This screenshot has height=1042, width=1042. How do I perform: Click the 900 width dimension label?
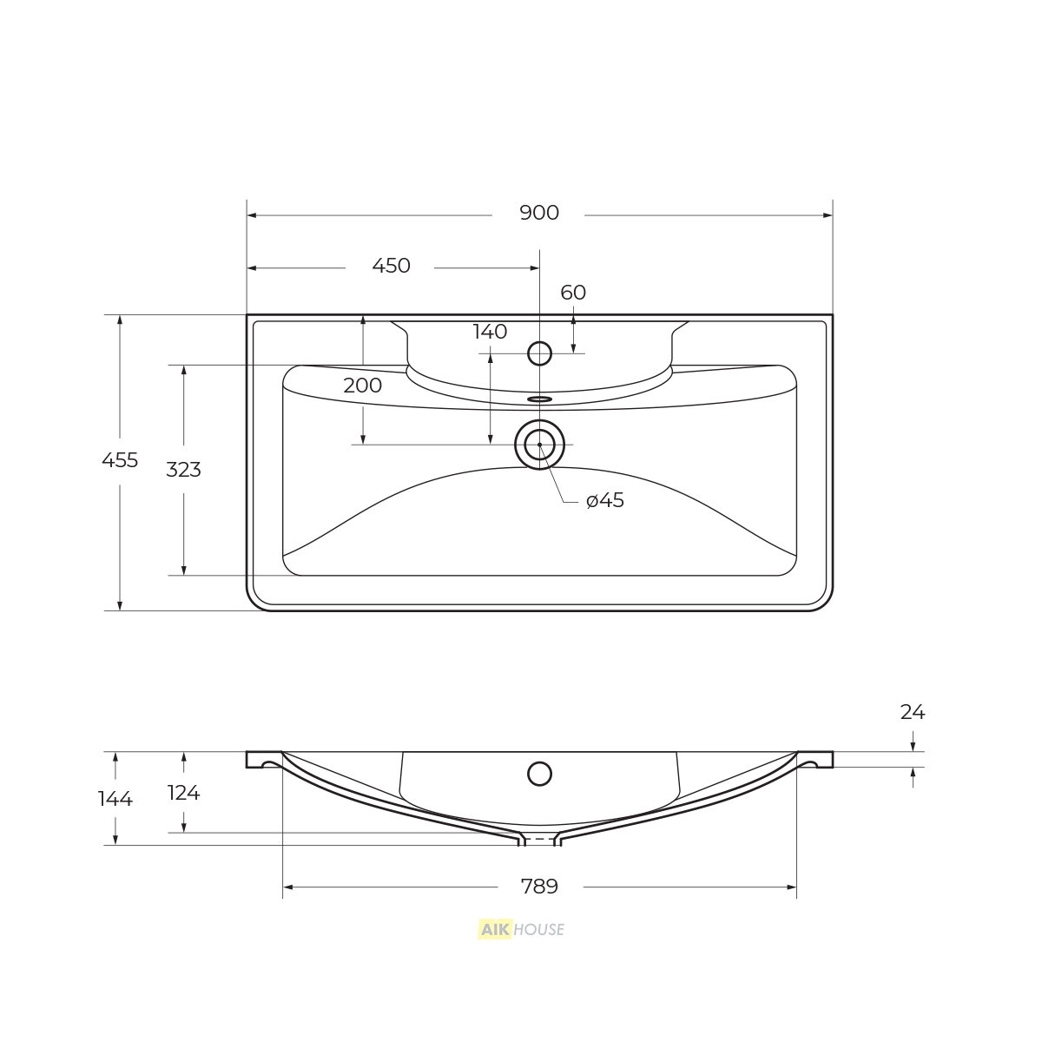(539, 213)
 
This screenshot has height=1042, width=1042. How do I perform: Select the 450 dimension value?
(391, 266)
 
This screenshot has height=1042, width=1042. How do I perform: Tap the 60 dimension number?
(573, 293)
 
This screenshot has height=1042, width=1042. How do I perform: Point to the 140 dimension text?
(490, 332)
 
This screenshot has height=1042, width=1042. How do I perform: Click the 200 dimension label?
(362, 385)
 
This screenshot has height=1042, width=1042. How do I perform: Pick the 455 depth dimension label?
(120, 460)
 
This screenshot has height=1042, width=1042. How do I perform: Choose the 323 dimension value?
(183, 470)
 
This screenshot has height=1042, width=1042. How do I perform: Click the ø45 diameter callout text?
(605, 500)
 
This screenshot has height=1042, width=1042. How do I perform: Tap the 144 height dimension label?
(115, 799)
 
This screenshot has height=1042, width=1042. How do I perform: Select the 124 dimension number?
(184, 793)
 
